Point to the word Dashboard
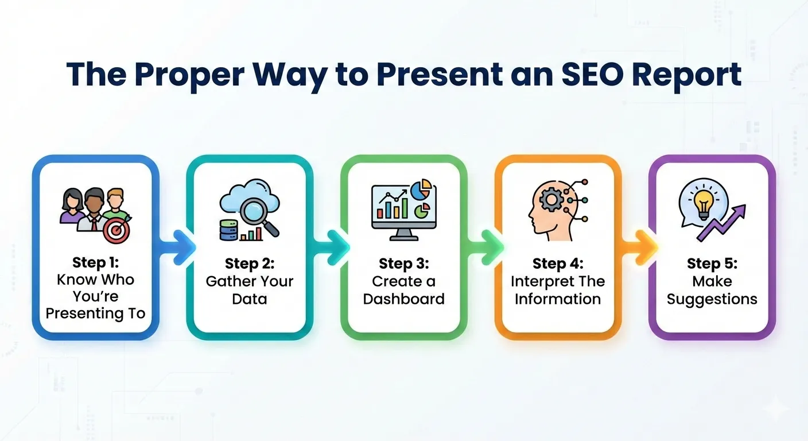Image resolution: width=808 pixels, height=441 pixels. [x=403, y=299]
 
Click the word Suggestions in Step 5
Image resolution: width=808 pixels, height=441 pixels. [x=712, y=299]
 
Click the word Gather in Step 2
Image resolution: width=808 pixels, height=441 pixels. [x=230, y=281]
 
